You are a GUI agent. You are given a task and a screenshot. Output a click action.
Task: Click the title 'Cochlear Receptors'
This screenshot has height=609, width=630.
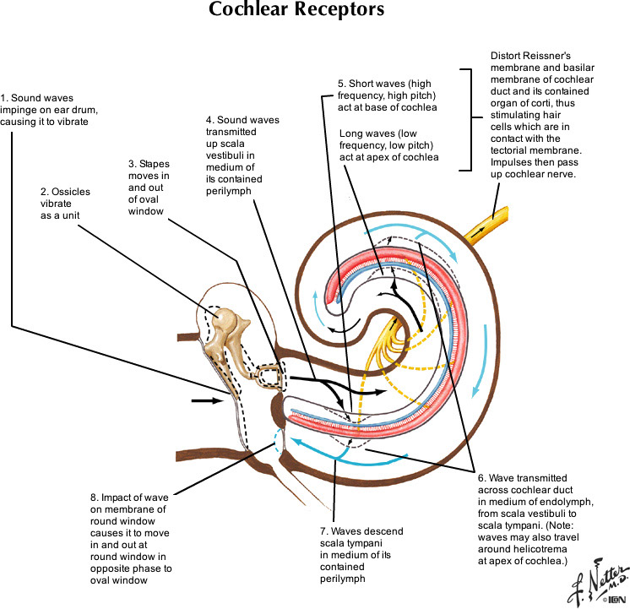tap(296, 11)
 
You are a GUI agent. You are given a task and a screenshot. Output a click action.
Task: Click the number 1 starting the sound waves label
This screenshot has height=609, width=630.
tap(4, 95)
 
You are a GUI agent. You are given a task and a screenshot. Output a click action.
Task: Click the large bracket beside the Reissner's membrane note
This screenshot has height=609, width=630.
tap(467, 118)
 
